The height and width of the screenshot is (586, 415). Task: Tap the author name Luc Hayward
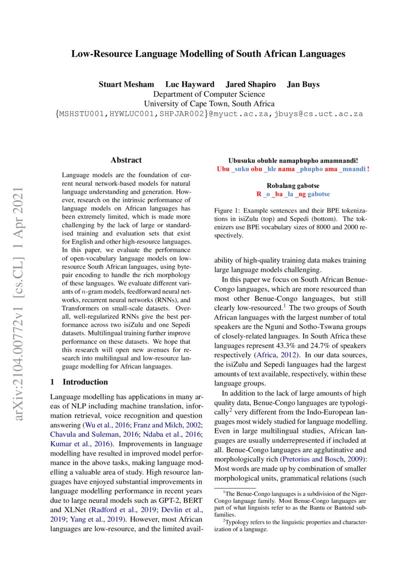(190, 84)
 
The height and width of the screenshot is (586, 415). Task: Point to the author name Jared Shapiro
(250, 84)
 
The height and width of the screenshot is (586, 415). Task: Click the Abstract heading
(126, 160)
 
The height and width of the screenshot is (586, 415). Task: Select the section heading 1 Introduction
(79, 367)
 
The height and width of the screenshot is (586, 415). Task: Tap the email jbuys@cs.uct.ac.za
(318, 114)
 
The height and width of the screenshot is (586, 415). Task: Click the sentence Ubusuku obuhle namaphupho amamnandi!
(293, 160)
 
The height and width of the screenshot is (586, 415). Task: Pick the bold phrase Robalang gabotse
(293, 185)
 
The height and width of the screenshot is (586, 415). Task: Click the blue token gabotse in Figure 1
(319, 193)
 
